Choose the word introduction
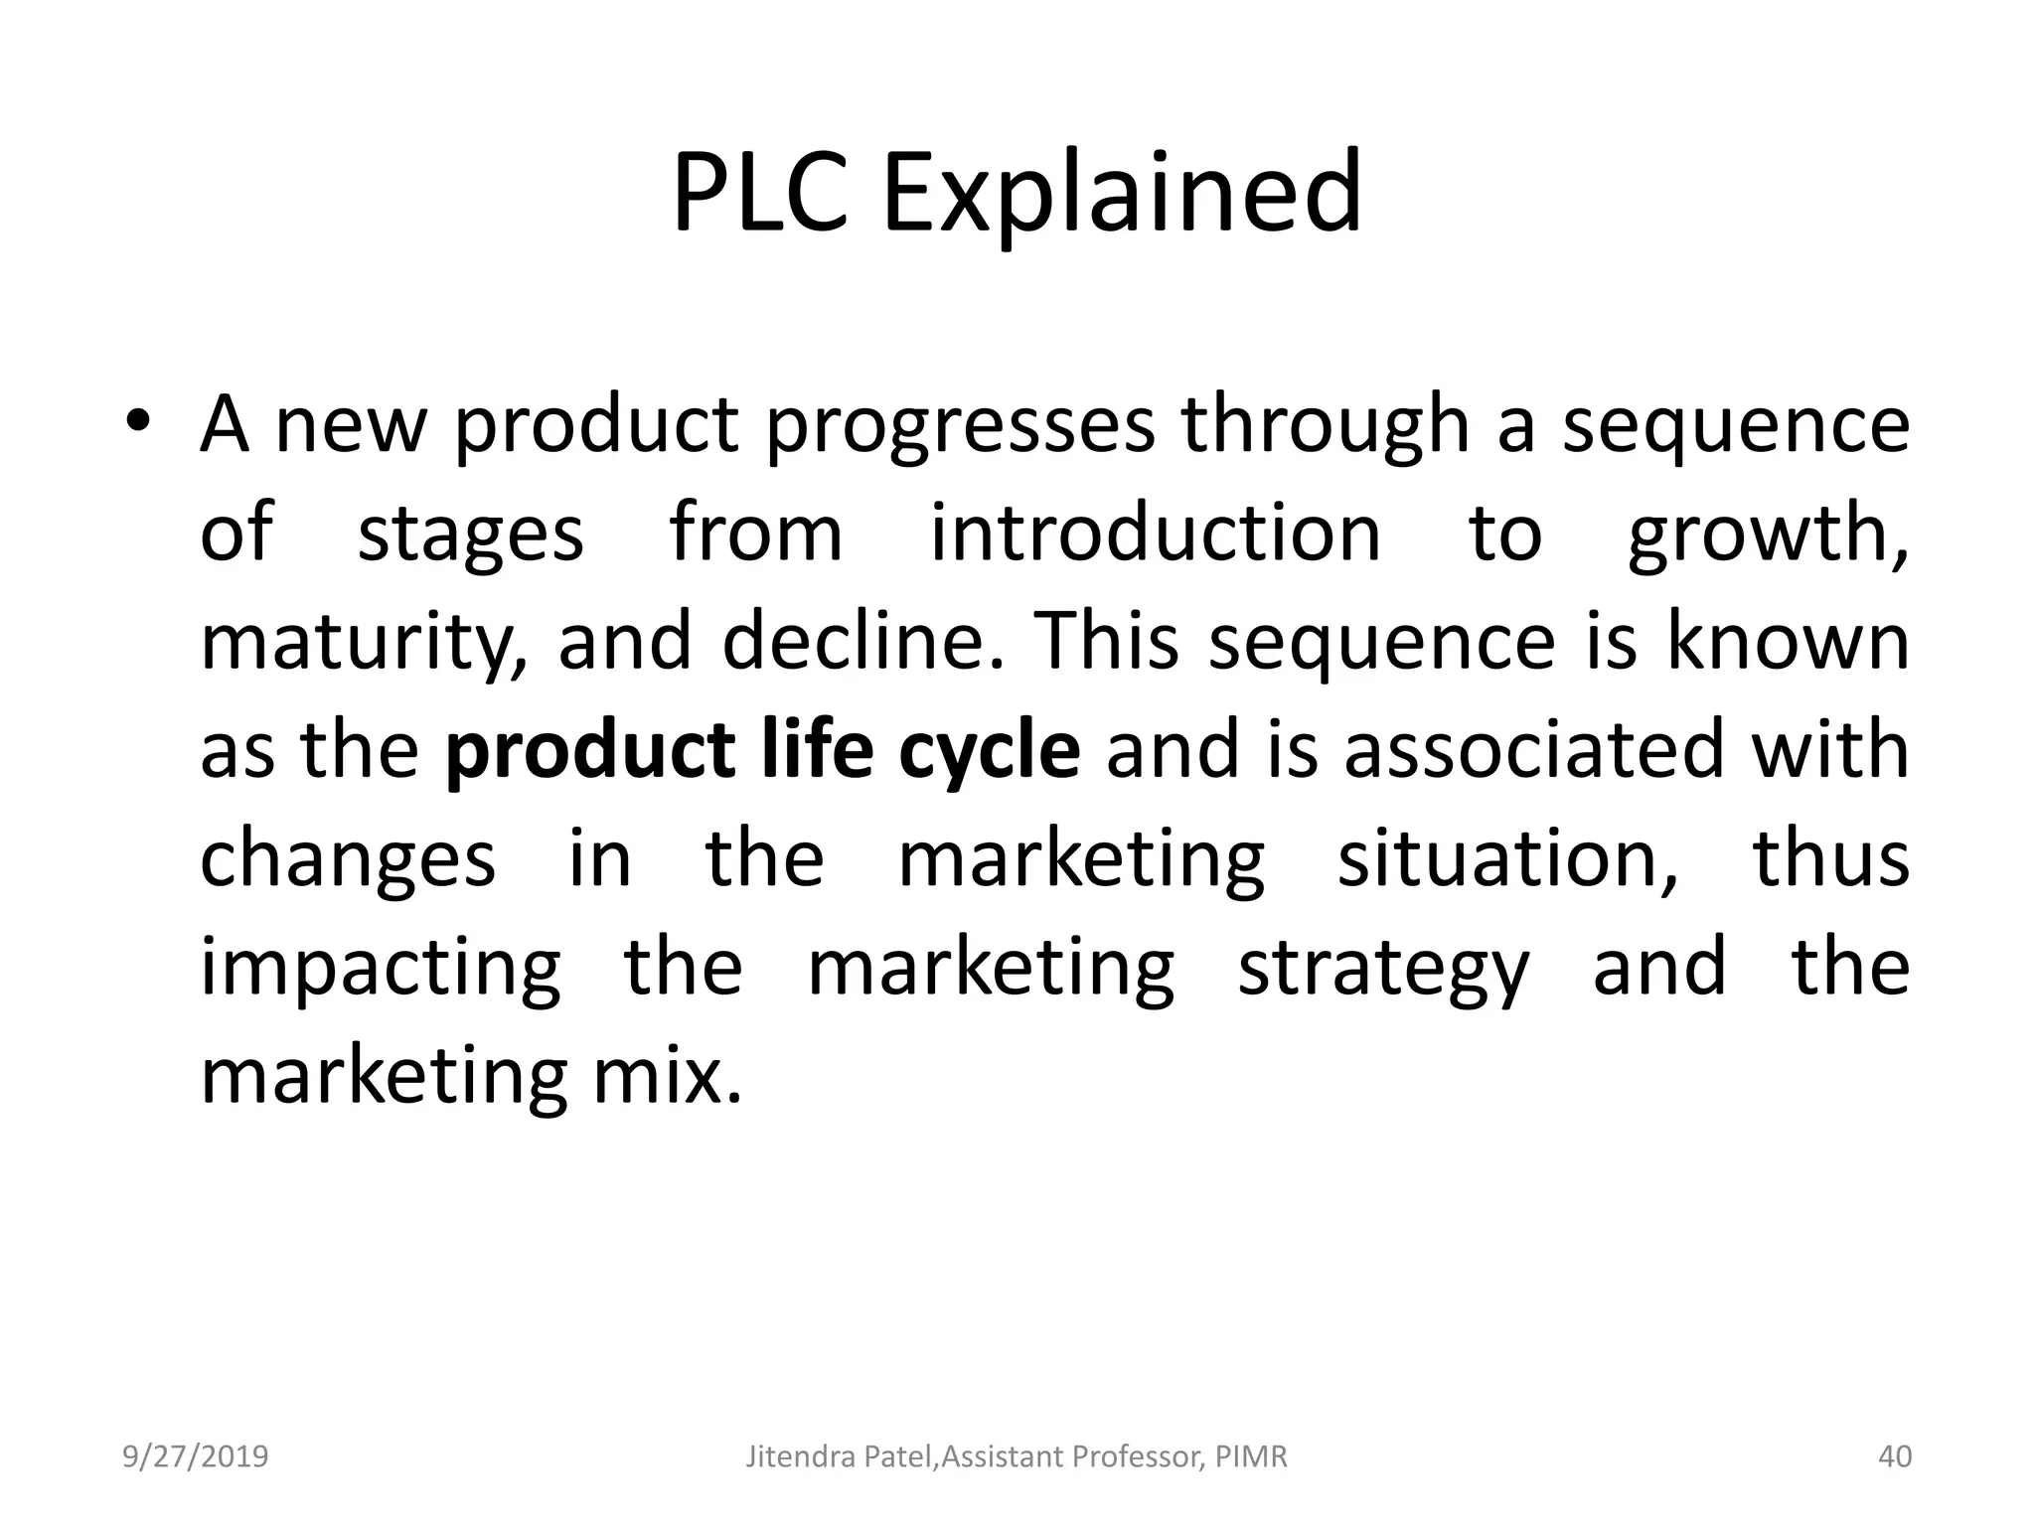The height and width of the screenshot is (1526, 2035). pyautogui.click(x=1156, y=533)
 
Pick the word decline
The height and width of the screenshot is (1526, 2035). pyautogui.click(x=861, y=641)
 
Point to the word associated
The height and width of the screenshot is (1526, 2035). pyautogui.click(x=1534, y=749)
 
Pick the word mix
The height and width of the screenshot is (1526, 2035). pyautogui.click(x=666, y=1075)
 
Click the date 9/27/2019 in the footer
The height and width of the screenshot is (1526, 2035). pyautogui.click(x=196, y=1456)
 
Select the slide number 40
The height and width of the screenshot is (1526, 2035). pyautogui.click(x=1894, y=1456)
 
